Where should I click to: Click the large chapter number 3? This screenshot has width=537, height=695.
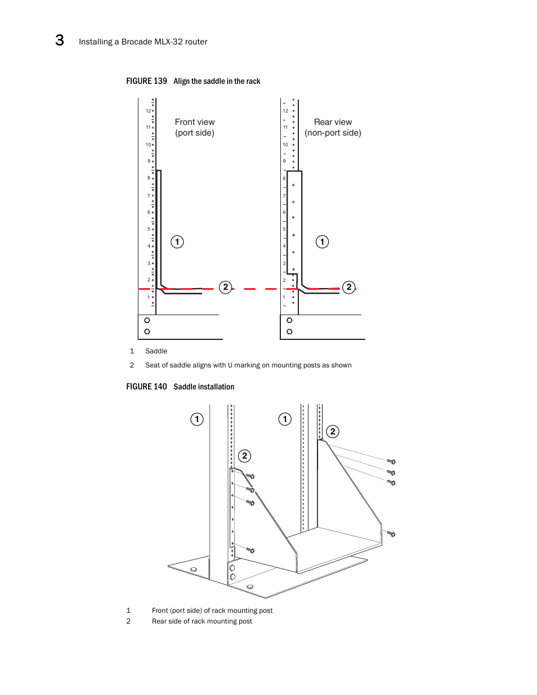(x=60, y=40)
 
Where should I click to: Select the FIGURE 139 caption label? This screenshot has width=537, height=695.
(x=146, y=81)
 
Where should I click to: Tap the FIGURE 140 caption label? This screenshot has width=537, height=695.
(x=146, y=387)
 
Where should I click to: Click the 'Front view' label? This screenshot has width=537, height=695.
(x=195, y=122)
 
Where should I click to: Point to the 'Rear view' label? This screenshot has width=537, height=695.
(x=333, y=122)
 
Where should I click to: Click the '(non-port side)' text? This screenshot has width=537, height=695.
(x=333, y=133)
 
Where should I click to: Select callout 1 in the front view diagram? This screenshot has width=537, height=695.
(x=177, y=242)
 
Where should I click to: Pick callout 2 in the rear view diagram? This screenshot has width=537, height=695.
(x=349, y=287)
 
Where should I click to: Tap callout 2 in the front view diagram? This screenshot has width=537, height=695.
(x=226, y=287)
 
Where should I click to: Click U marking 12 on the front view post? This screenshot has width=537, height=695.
(x=148, y=111)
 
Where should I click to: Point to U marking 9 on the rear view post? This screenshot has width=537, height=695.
(x=284, y=161)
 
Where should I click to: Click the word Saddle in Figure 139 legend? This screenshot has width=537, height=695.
(x=156, y=351)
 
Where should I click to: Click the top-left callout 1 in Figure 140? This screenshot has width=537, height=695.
(x=197, y=419)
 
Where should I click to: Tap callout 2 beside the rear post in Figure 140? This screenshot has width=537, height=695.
(x=333, y=432)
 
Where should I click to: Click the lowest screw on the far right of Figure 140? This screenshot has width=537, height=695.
(x=391, y=533)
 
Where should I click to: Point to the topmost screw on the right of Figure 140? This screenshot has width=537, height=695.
(x=391, y=461)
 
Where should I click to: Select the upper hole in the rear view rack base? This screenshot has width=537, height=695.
(x=289, y=320)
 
